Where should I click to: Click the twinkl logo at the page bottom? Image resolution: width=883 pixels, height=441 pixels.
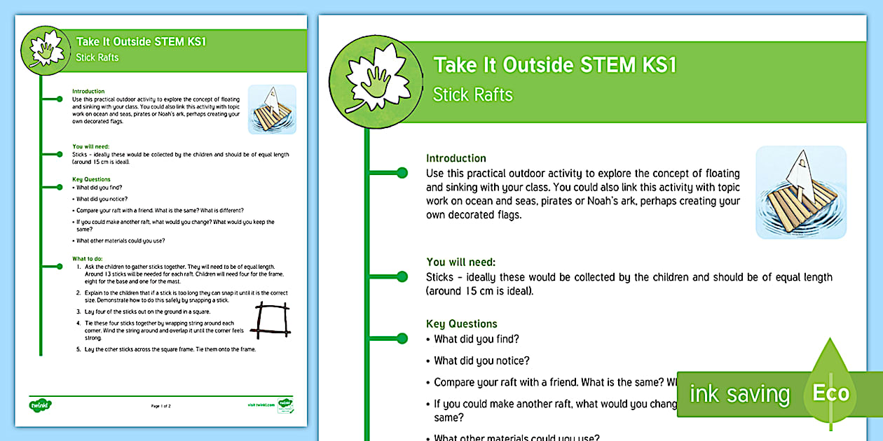coord(37,405)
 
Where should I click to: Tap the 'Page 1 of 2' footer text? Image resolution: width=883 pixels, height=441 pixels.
coord(160,406)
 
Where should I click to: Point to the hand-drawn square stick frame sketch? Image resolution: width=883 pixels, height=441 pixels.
coord(271,320)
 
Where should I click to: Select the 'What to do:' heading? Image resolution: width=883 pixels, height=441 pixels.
coord(88,259)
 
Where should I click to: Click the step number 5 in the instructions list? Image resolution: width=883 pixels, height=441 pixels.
coord(77,349)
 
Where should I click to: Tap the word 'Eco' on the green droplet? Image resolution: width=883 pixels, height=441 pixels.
coord(830,393)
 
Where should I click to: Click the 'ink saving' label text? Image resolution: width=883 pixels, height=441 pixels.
coord(739,394)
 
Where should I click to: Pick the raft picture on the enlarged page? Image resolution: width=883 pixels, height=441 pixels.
coord(801,192)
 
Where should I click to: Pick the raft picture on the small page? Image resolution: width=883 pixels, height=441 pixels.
coord(272,109)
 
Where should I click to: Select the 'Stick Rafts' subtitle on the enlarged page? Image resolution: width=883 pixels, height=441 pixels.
coord(473,95)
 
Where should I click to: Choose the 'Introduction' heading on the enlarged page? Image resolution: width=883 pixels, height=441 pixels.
coord(456,158)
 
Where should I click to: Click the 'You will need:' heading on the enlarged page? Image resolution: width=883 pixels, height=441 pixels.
coord(461,262)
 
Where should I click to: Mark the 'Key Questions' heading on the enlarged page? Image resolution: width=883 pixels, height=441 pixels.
coord(462,324)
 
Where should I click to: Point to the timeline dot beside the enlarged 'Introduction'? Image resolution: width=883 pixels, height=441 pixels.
coord(402,172)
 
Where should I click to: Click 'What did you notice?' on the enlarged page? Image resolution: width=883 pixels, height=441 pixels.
coord(481,361)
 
